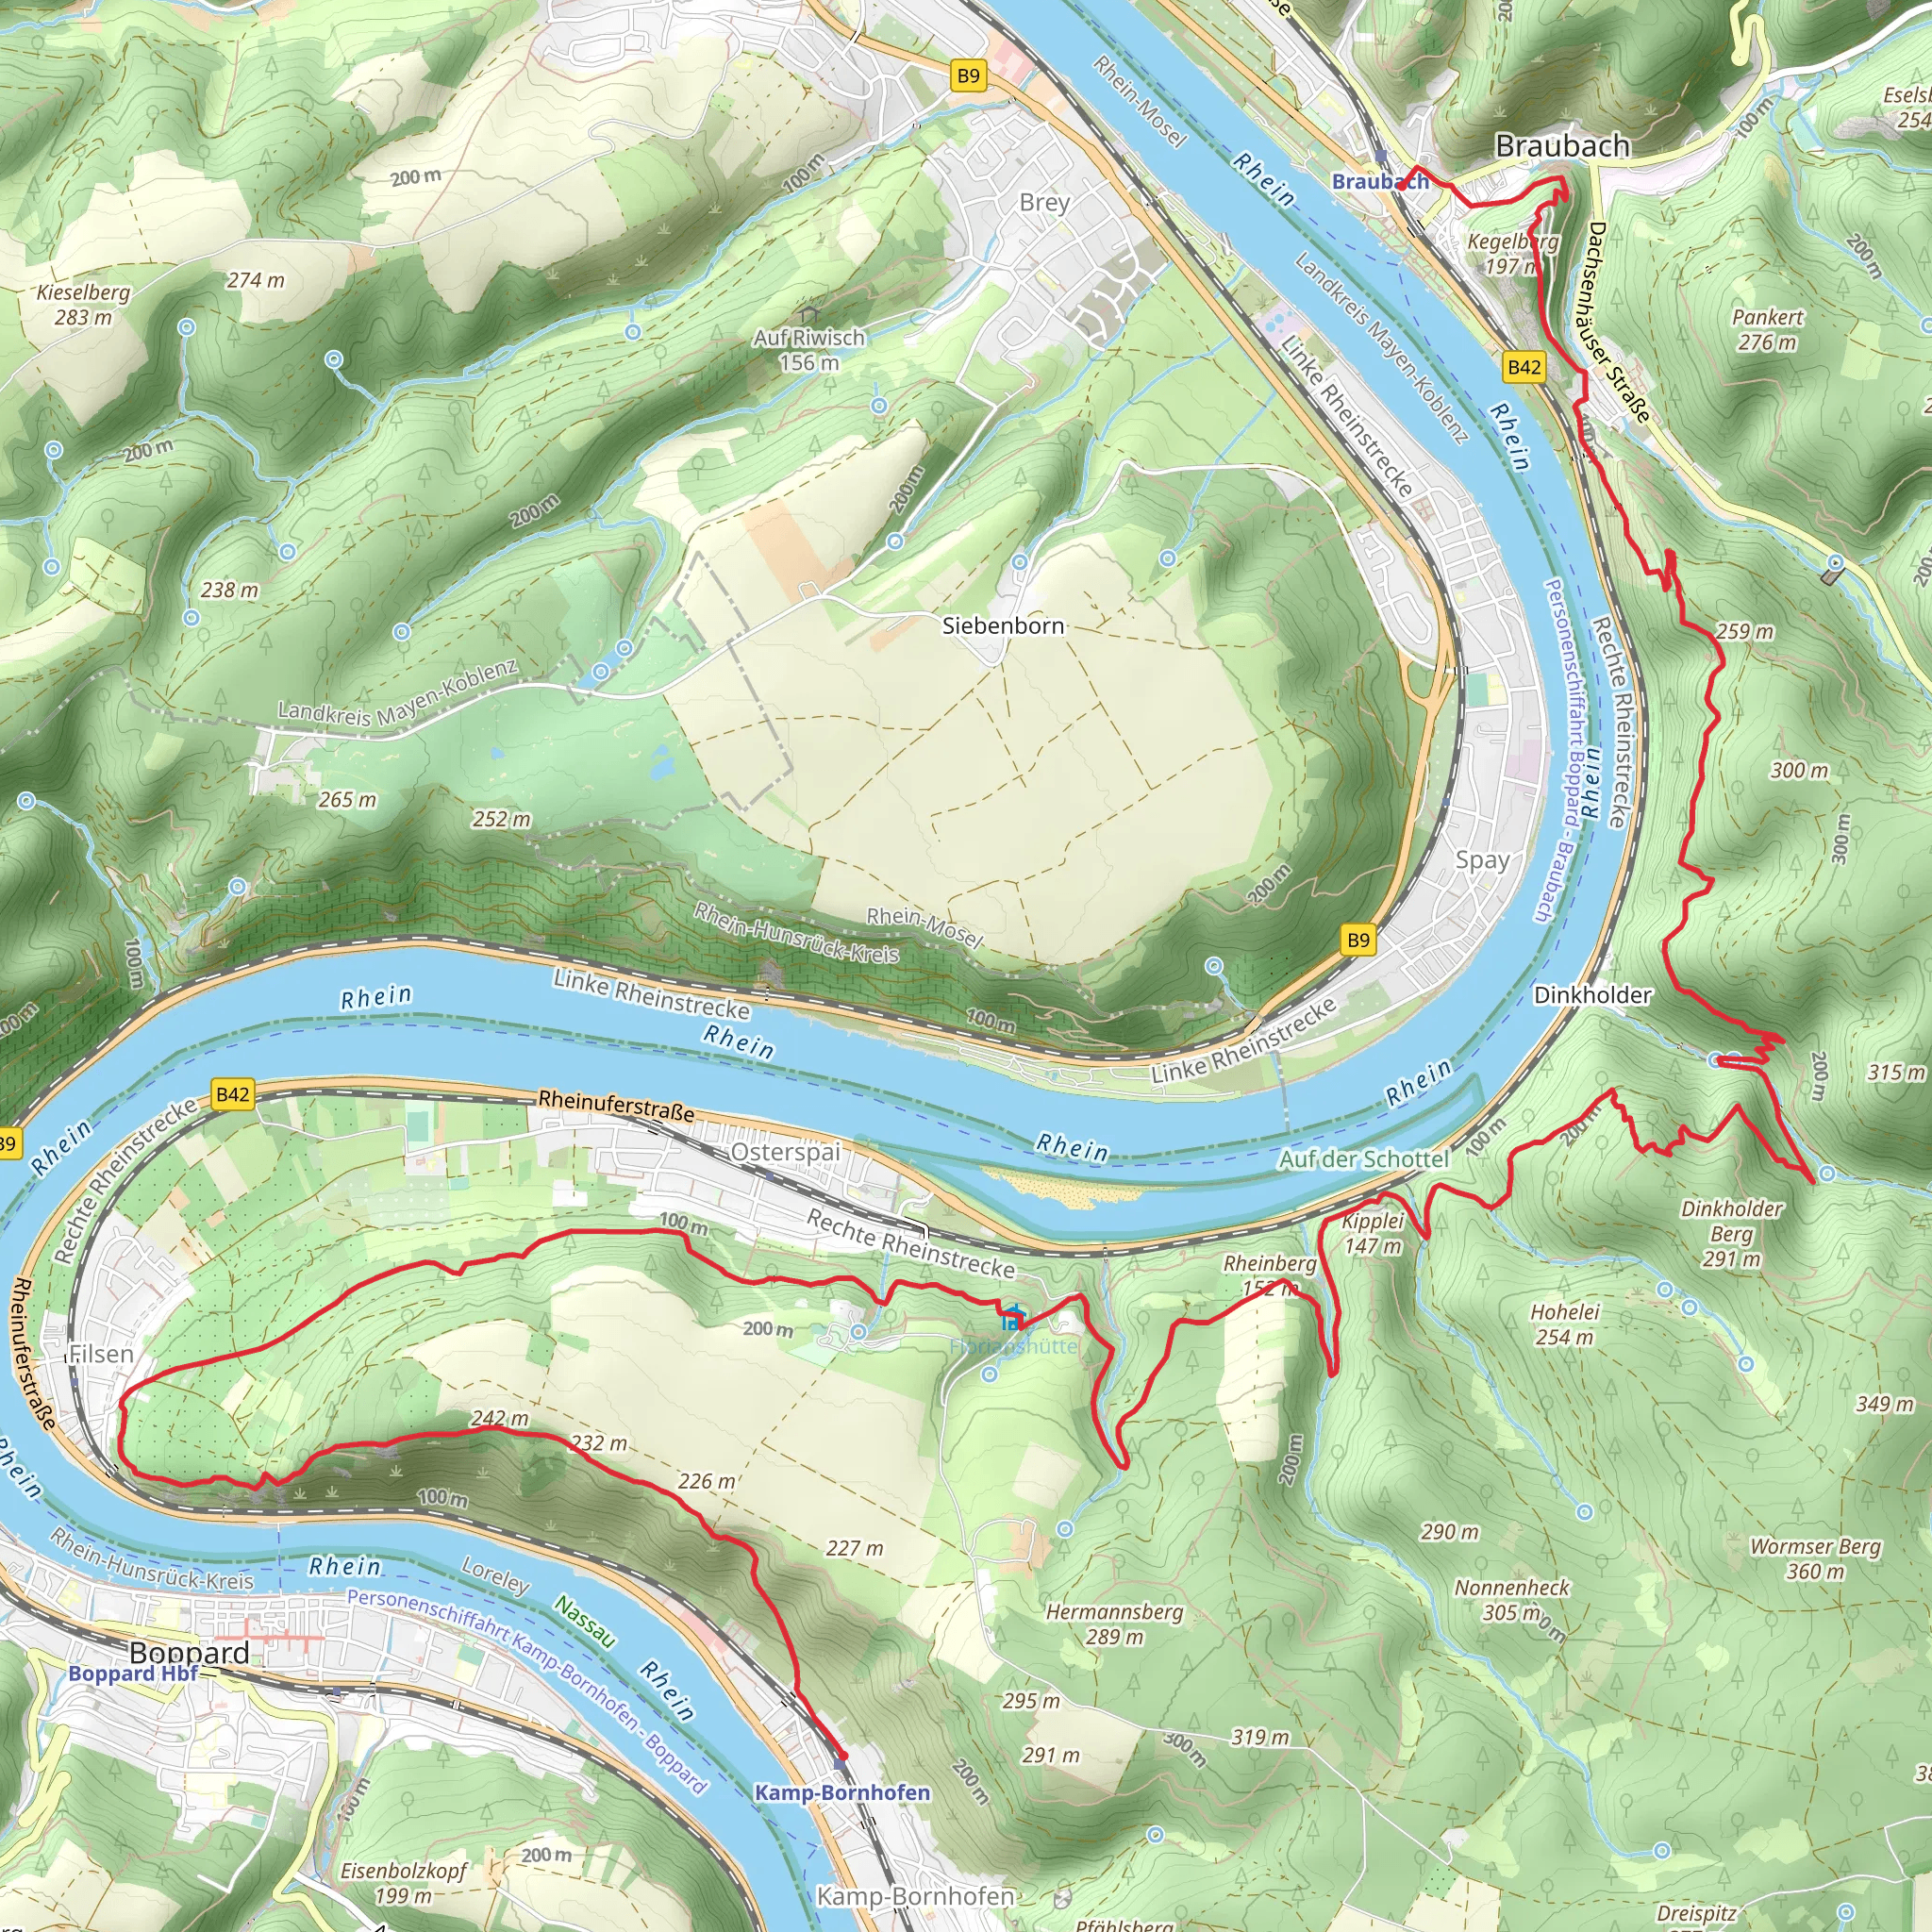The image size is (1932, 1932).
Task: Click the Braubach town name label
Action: [x=1562, y=146]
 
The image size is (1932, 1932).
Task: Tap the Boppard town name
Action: [x=189, y=1652]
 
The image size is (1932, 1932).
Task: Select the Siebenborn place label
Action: [x=1003, y=626]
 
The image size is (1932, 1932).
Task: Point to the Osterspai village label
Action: [x=785, y=1152]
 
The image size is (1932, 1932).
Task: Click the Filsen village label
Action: [x=101, y=1354]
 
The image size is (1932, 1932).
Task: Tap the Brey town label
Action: [x=1044, y=202]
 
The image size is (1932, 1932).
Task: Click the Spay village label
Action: [x=1482, y=860]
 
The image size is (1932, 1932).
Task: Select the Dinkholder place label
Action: [x=1592, y=995]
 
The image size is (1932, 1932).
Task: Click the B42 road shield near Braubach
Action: [x=1524, y=367]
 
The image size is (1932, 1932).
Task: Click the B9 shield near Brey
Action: [x=968, y=76]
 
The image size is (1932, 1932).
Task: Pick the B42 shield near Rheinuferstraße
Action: [x=232, y=1094]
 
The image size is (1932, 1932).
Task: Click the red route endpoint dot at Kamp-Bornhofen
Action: [x=843, y=1755]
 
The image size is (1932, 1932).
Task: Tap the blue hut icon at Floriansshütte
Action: [x=1013, y=1318]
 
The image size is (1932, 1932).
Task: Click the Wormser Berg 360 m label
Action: [x=1815, y=1558]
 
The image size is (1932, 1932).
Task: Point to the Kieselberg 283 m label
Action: [x=83, y=305]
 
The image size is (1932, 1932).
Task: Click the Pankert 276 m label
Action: [x=1767, y=329]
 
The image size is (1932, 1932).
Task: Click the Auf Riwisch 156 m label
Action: [x=809, y=350]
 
